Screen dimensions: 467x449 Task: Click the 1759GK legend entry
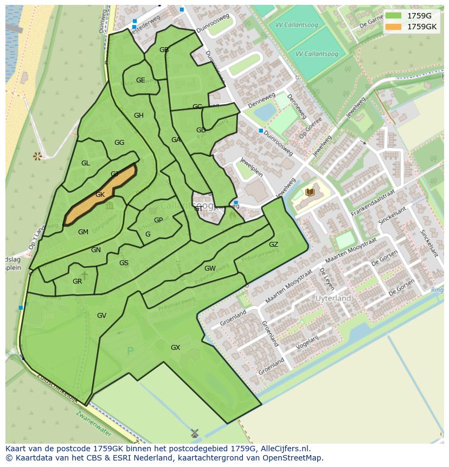pyautogui.click(x=410, y=26)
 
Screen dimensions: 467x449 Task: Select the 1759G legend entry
pyautogui.click(x=410, y=15)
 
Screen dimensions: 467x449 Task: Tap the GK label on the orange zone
pyautogui.click(x=100, y=195)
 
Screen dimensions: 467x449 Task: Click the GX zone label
pyautogui.click(x=175, y=348)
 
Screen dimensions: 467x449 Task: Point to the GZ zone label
pyautogui.click(x=273, y=245)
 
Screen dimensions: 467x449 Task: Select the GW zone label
pyautogui.click(x=210, y=268)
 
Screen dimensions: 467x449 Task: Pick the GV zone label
pyautogui.click(x=101, y=316)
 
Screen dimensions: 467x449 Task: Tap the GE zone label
pyautogui.click(x=140, y=80)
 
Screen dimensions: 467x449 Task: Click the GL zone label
pyautogui.click(x=86, y=163)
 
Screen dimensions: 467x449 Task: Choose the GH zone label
pyautogui.click(x=139, y=116)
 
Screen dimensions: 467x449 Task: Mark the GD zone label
pyautogui.click(x=201, y=130)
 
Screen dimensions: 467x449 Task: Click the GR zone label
pyautogui.click(x=77, y=282)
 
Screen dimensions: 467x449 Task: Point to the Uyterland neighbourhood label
pyautogui.click(x=333, y=298)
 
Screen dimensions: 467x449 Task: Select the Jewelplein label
pyautogui.click(x=252, y=171)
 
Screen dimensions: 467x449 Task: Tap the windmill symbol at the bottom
pyautogui.click(x=195, y=433)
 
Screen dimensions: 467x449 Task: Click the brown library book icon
pyautogui.click(x=310, y=192)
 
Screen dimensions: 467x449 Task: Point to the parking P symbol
pyautogui.click(x=130, y=351)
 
